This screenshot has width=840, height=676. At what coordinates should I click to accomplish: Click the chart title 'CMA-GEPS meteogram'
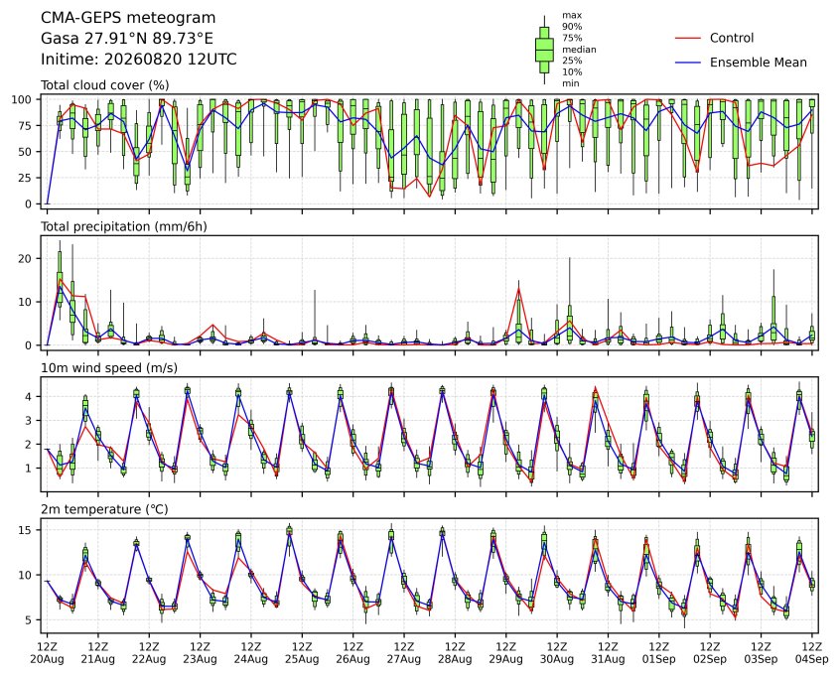[x=128, y=18]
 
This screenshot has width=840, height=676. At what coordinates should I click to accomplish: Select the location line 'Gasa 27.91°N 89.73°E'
[x=127, y=39]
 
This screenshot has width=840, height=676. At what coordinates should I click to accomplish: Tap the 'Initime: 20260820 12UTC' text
[x=139, y=59]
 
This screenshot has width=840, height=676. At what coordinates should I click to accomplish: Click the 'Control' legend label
[x=731, y=38]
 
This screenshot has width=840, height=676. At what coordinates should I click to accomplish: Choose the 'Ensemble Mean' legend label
[x=758, y=63]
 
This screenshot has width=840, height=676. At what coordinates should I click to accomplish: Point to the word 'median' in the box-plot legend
[x=579, y=50]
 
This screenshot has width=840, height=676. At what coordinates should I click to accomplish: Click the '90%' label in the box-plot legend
[x=572, y=26]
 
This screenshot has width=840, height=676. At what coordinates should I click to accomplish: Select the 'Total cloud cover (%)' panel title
[x=105, y=85]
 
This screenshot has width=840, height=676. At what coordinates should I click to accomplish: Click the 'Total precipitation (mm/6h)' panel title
[x=124, y=226]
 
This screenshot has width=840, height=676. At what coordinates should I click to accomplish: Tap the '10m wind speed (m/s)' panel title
[x=109, y=368]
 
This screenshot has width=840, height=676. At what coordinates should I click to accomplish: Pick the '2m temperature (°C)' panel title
[x=104, y=509]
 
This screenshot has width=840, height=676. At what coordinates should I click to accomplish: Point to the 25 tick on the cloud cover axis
[x=26, y=178]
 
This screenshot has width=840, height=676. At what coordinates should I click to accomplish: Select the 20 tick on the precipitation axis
[x=26, y=258]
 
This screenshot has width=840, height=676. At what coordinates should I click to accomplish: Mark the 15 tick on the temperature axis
[x=26, y=530]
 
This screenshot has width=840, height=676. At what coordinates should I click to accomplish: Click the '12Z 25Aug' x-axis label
[x=302, y=653]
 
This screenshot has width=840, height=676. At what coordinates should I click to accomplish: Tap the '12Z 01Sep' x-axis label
[x=659, y=653]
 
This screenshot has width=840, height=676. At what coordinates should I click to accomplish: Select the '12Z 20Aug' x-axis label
[x=47, y=653]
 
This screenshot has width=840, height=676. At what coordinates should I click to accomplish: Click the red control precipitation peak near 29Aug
[x=518, y=289]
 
